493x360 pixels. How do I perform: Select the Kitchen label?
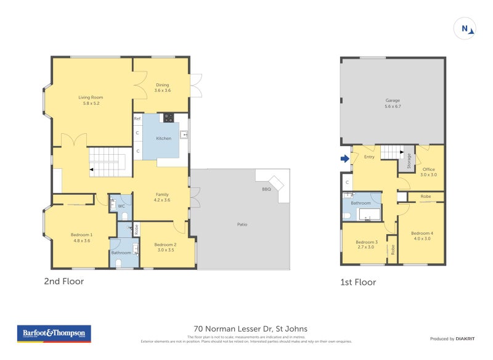pos(163,139)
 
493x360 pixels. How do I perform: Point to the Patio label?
pos(242,224)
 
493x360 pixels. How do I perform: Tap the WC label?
pos(121,206)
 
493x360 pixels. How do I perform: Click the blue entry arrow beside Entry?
pos(343,158)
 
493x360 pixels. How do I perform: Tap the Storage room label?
pos(409,161)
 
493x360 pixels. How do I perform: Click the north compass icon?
pos(465,28)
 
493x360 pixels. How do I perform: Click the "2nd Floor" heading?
pos(63,282)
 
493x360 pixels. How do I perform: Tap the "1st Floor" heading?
pos(357,282)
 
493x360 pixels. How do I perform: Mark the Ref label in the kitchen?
pos(137,118)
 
